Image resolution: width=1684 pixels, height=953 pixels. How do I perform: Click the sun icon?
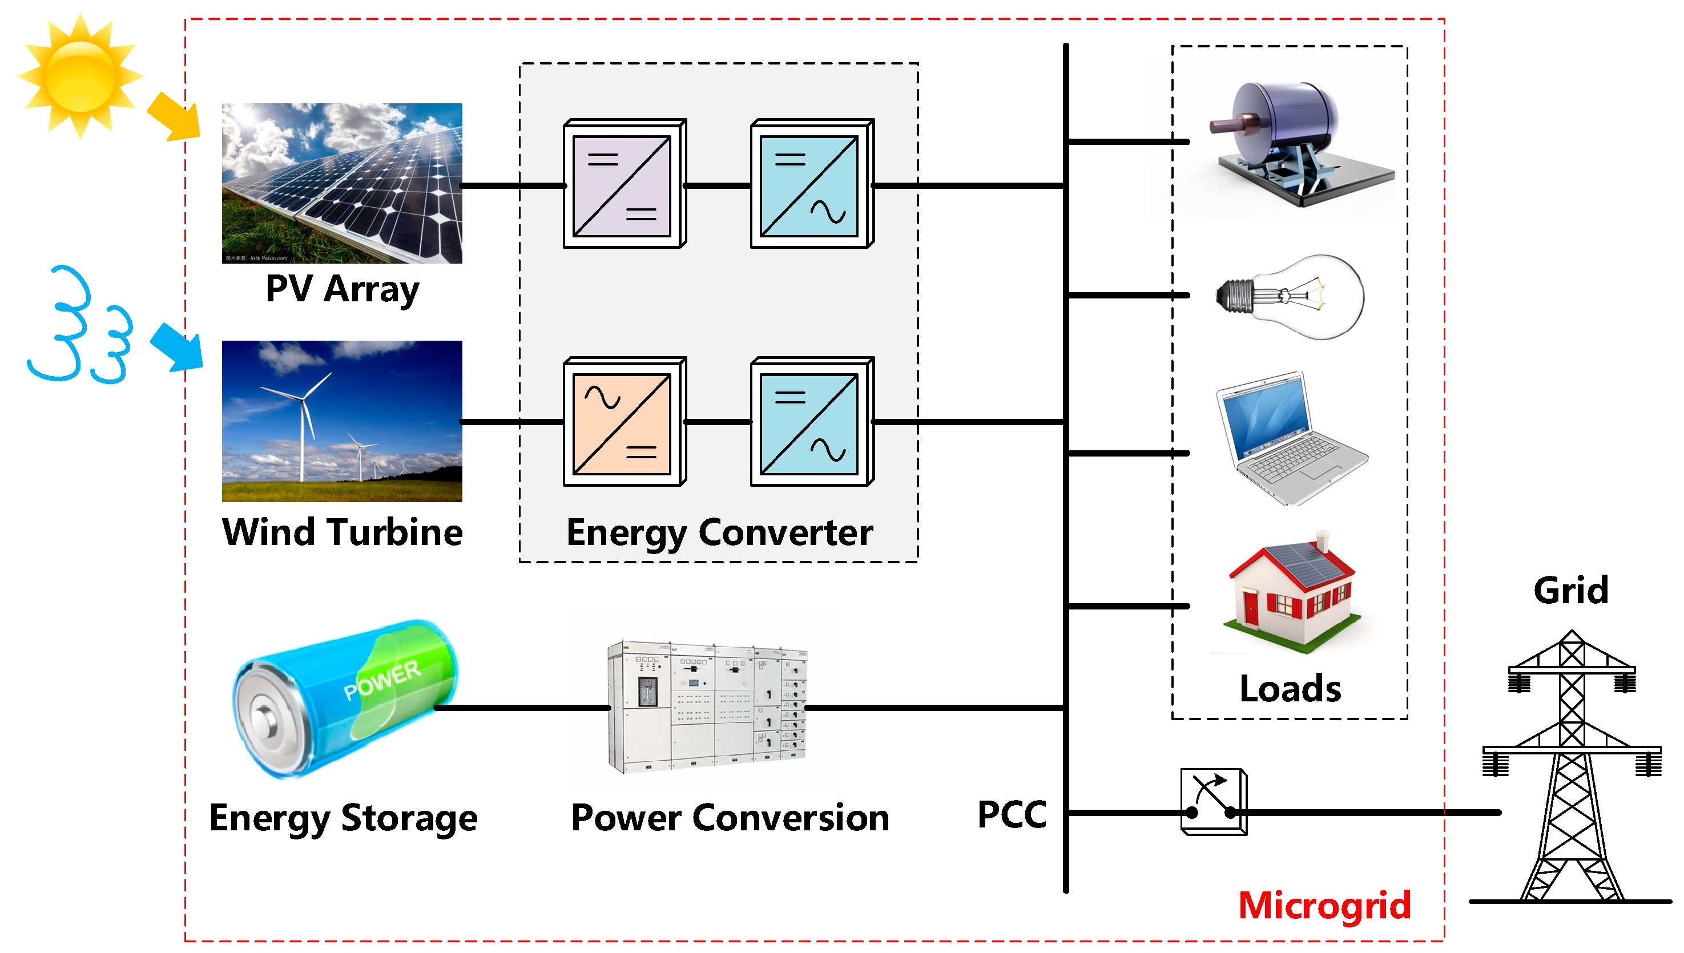(x=80, y=76)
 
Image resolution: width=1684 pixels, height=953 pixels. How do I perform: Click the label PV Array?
(x=342, y=289)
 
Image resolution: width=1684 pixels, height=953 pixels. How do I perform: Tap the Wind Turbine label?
(x=342, y=531)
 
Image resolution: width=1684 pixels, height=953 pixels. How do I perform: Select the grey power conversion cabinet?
(x=707, y=707)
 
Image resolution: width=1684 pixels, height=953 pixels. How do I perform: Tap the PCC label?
(x=1012, y=815)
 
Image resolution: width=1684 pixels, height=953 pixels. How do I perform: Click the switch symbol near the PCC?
(x=1213, y=801)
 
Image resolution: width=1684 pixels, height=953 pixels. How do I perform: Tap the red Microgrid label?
(x=1324, y=906)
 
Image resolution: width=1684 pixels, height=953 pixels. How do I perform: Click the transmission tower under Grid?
(x=1572, y=766)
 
